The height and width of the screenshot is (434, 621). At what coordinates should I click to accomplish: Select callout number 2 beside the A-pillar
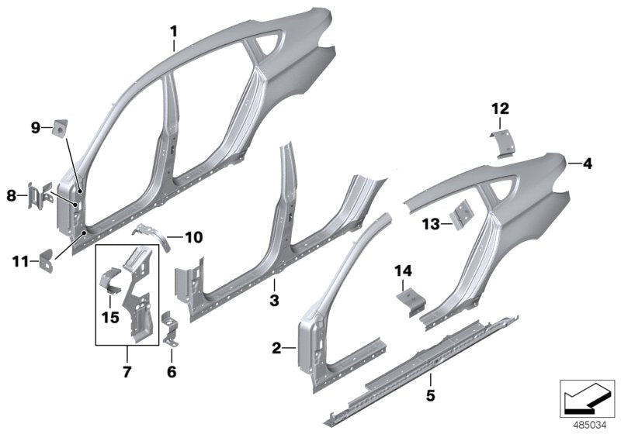pos(276,350)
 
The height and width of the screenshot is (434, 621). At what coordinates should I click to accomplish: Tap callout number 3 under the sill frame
pos(273,298)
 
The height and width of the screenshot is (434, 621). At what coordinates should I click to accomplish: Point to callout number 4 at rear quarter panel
pos(588,164)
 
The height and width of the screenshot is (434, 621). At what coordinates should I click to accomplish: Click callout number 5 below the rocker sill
pos(429,379)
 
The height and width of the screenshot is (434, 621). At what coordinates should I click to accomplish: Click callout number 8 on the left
pos(11,196)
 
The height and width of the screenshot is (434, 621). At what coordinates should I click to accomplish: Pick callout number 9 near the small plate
pos(35,128)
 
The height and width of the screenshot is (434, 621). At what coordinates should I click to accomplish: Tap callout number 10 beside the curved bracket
pos(193,236)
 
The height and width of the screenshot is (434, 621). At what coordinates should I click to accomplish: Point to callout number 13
pos(431,224)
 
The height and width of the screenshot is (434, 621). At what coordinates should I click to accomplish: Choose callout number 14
pos(402,272)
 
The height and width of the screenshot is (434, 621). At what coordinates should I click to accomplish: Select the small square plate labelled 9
pos(57,128)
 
